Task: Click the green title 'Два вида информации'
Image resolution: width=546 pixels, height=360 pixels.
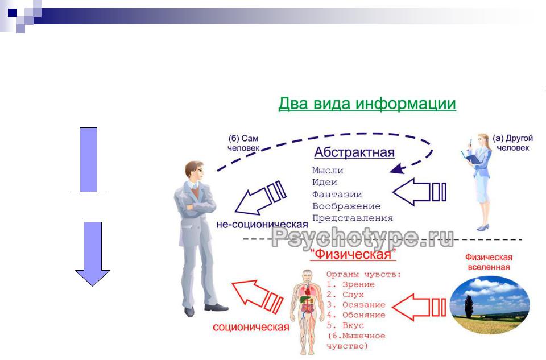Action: pyautogui.click(x=367, y=104)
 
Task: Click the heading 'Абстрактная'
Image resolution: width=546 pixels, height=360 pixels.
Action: pyautogui.click(x=354, y=152)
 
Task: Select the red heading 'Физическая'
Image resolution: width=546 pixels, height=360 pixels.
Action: pyautogui.click(x=353, y=254)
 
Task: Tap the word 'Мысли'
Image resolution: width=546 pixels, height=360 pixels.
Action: pyautogui.click(x=328, y=171)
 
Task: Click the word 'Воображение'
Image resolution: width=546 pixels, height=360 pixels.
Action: pyautogui.click(x=346, y=206)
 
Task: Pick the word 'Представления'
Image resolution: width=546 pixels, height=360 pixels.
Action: pyautogui.click(x=353, y=218)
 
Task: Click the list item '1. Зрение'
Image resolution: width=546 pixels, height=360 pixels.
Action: pyautogui.click(x=350, y=284)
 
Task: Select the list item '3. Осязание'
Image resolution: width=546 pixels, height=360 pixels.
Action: pyautogui.click(x=356, y=305)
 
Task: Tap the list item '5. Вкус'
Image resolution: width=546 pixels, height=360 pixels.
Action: pyautogui.click(x=345, y=325)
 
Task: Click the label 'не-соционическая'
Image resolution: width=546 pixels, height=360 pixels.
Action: pyautogui.click(x=262, y=225)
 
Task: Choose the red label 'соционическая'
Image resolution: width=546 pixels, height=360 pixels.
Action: pyautogui.click(x=251, y=327)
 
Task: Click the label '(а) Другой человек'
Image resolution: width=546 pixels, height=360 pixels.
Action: pyautogui.click(x=512, y=143)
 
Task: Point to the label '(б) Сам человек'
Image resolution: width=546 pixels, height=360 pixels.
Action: pyautogui.click(x=243, y=143)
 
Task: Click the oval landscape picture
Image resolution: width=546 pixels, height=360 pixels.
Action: pyautogui.click(x=490, y=305)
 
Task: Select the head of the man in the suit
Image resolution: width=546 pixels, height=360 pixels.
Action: pyautogui.click(x=194, y=171)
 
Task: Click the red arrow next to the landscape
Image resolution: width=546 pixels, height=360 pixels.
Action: pyautogui.click(x=419, y=307)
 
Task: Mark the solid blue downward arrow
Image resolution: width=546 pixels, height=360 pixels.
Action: pyautogui.click(x=93, y=254)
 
